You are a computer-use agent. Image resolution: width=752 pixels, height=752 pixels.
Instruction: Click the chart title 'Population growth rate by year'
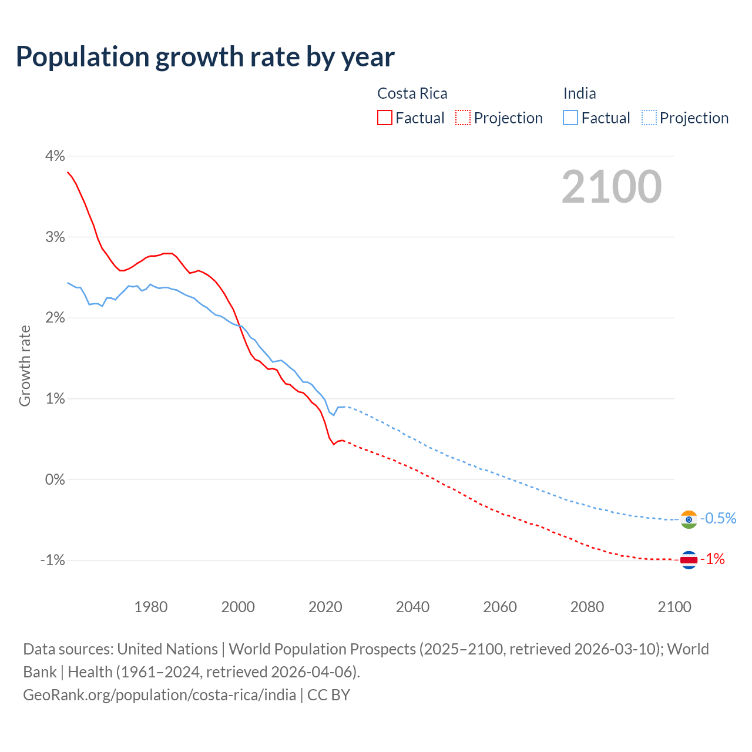point(205,57)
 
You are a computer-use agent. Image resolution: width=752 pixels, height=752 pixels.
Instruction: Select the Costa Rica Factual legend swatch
point(385,117)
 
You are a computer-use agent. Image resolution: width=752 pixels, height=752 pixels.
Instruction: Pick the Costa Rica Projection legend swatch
point(463,117)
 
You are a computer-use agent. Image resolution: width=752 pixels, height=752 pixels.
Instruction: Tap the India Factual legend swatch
point(570,117)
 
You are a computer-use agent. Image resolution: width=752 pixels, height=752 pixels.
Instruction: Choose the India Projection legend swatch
point(649,117)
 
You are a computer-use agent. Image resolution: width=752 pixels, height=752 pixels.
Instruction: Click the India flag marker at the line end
point(689,519)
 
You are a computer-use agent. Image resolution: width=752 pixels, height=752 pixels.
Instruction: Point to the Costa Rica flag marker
point(689,560)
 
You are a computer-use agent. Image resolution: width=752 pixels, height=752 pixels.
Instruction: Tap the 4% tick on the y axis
point(55,156)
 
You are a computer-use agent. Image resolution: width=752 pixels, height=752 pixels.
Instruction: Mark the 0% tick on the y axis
point(55,479)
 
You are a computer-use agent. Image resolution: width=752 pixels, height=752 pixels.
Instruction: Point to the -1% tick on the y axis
point(52,560)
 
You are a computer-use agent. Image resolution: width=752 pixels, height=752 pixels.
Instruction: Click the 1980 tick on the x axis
point(151,607)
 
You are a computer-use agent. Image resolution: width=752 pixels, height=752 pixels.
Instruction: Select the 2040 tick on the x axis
point(412,607)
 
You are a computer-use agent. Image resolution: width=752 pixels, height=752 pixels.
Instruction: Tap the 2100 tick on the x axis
point(674,607)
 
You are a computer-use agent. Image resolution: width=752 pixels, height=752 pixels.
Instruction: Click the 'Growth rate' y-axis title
point(25,365)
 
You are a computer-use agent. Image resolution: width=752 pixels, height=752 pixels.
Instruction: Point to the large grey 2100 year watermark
point(612,187)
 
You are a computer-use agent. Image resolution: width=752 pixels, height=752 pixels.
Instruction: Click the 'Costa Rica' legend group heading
point(412,93)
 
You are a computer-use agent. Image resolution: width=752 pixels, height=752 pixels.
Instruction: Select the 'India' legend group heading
point(579,93)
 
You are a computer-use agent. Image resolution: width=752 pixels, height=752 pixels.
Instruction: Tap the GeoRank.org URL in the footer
point(159,695)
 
